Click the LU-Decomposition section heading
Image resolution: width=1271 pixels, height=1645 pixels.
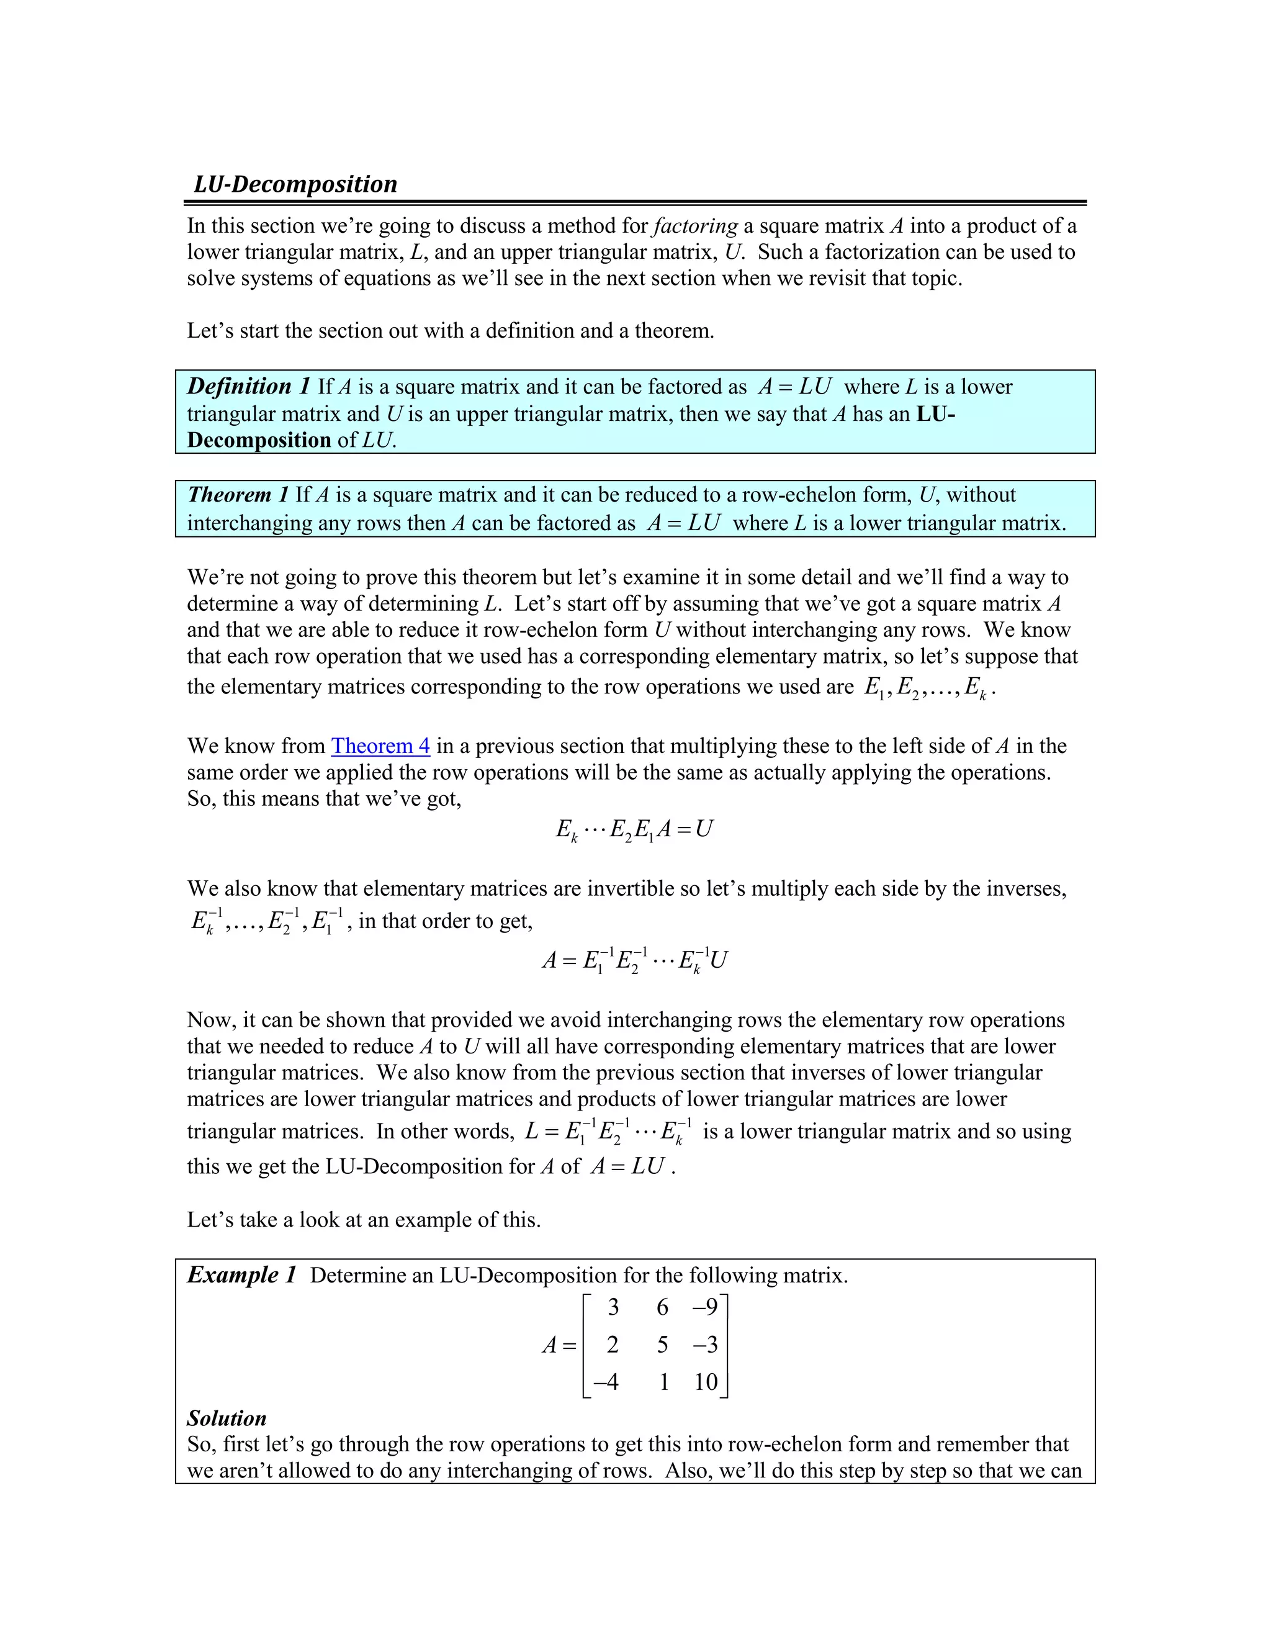point(295,184)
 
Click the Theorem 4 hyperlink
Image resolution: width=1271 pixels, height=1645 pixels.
point(380,746)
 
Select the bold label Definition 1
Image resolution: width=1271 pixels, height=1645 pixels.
point(248,386)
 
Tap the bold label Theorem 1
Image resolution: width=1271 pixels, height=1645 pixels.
point(238,495)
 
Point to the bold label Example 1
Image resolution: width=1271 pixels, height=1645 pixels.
point(241,1275)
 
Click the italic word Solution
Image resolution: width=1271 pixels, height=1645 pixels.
point(227,1418)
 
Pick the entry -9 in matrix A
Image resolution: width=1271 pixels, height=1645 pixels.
point(705,1307)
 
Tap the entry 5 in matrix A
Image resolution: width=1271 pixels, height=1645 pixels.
point(662,1345)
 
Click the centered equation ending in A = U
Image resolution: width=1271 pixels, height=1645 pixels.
point(634,829)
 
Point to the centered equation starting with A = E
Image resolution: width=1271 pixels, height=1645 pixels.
point(634,960)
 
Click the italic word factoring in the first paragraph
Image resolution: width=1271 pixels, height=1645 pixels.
point(696,226)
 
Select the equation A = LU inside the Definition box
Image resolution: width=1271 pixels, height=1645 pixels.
point(794,386)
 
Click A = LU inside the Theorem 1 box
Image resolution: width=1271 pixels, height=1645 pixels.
point(683,523)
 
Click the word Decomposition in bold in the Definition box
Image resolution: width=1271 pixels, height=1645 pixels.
point(259,440)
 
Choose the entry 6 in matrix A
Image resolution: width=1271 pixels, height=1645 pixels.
point(662,1307)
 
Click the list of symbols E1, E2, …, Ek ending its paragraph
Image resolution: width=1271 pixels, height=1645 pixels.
point(925,687)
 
